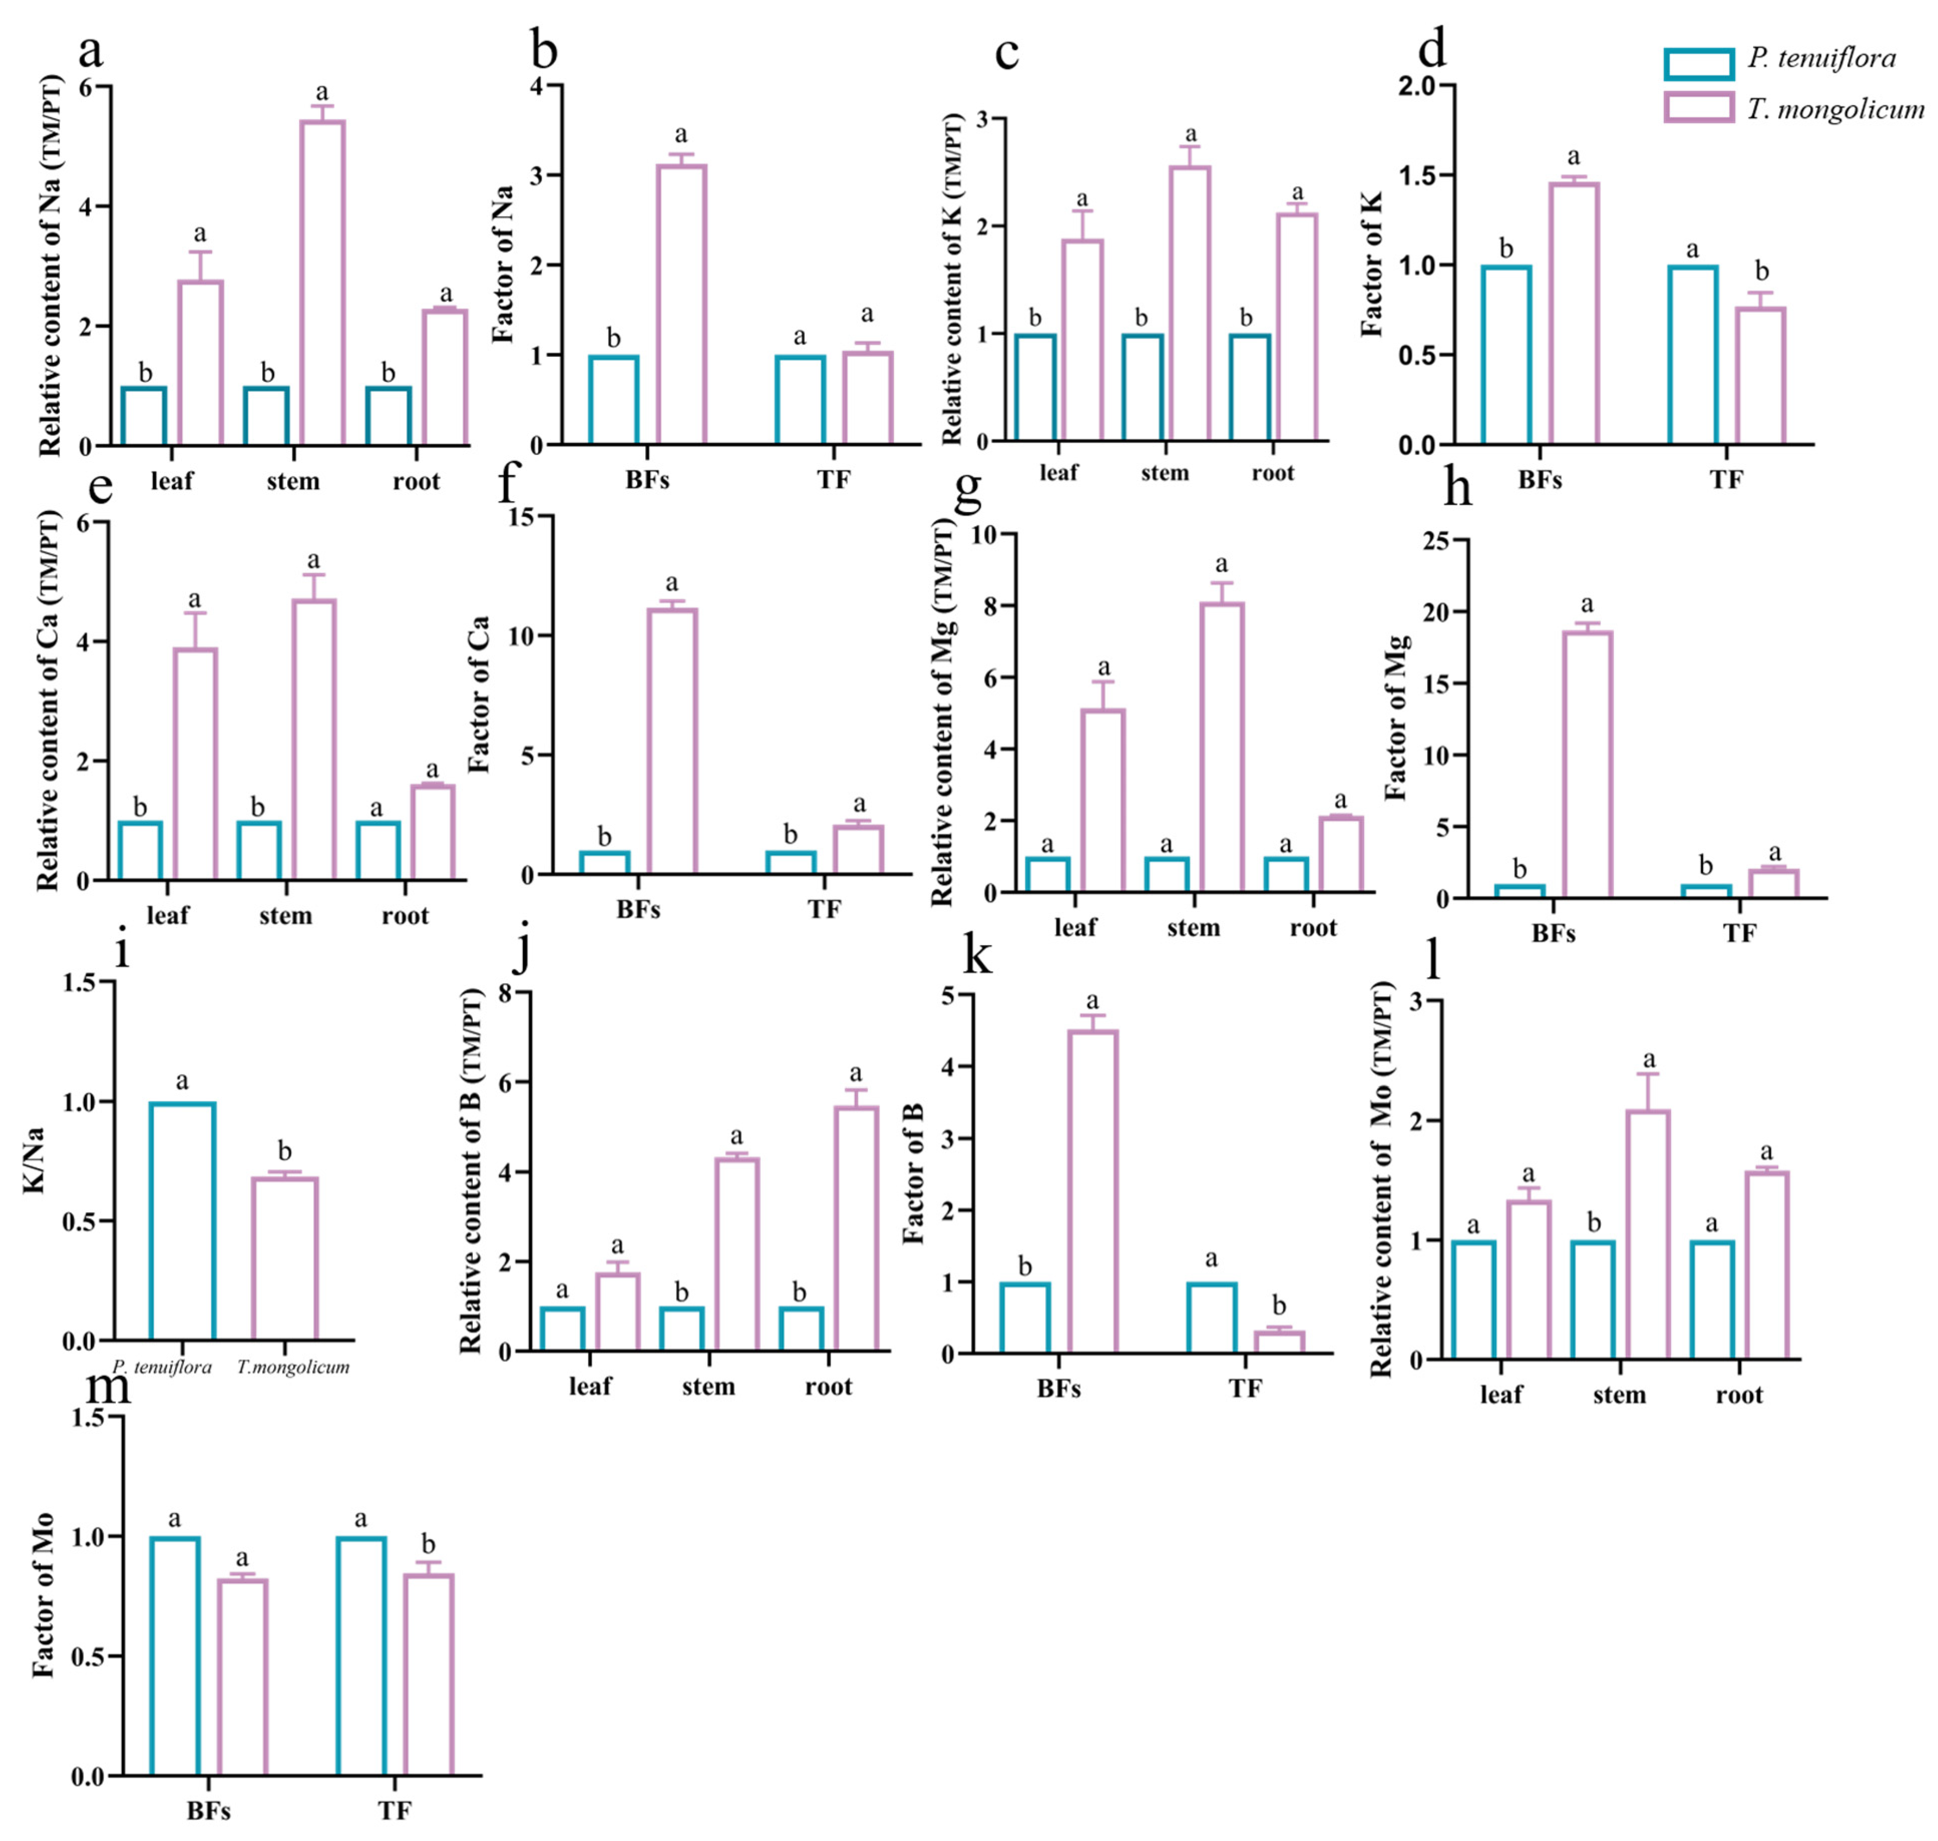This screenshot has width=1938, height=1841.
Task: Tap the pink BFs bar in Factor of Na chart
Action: point(681,304)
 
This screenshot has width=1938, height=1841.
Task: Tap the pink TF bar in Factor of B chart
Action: point(1279,1341)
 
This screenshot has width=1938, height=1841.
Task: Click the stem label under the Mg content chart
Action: point(1193,928)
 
